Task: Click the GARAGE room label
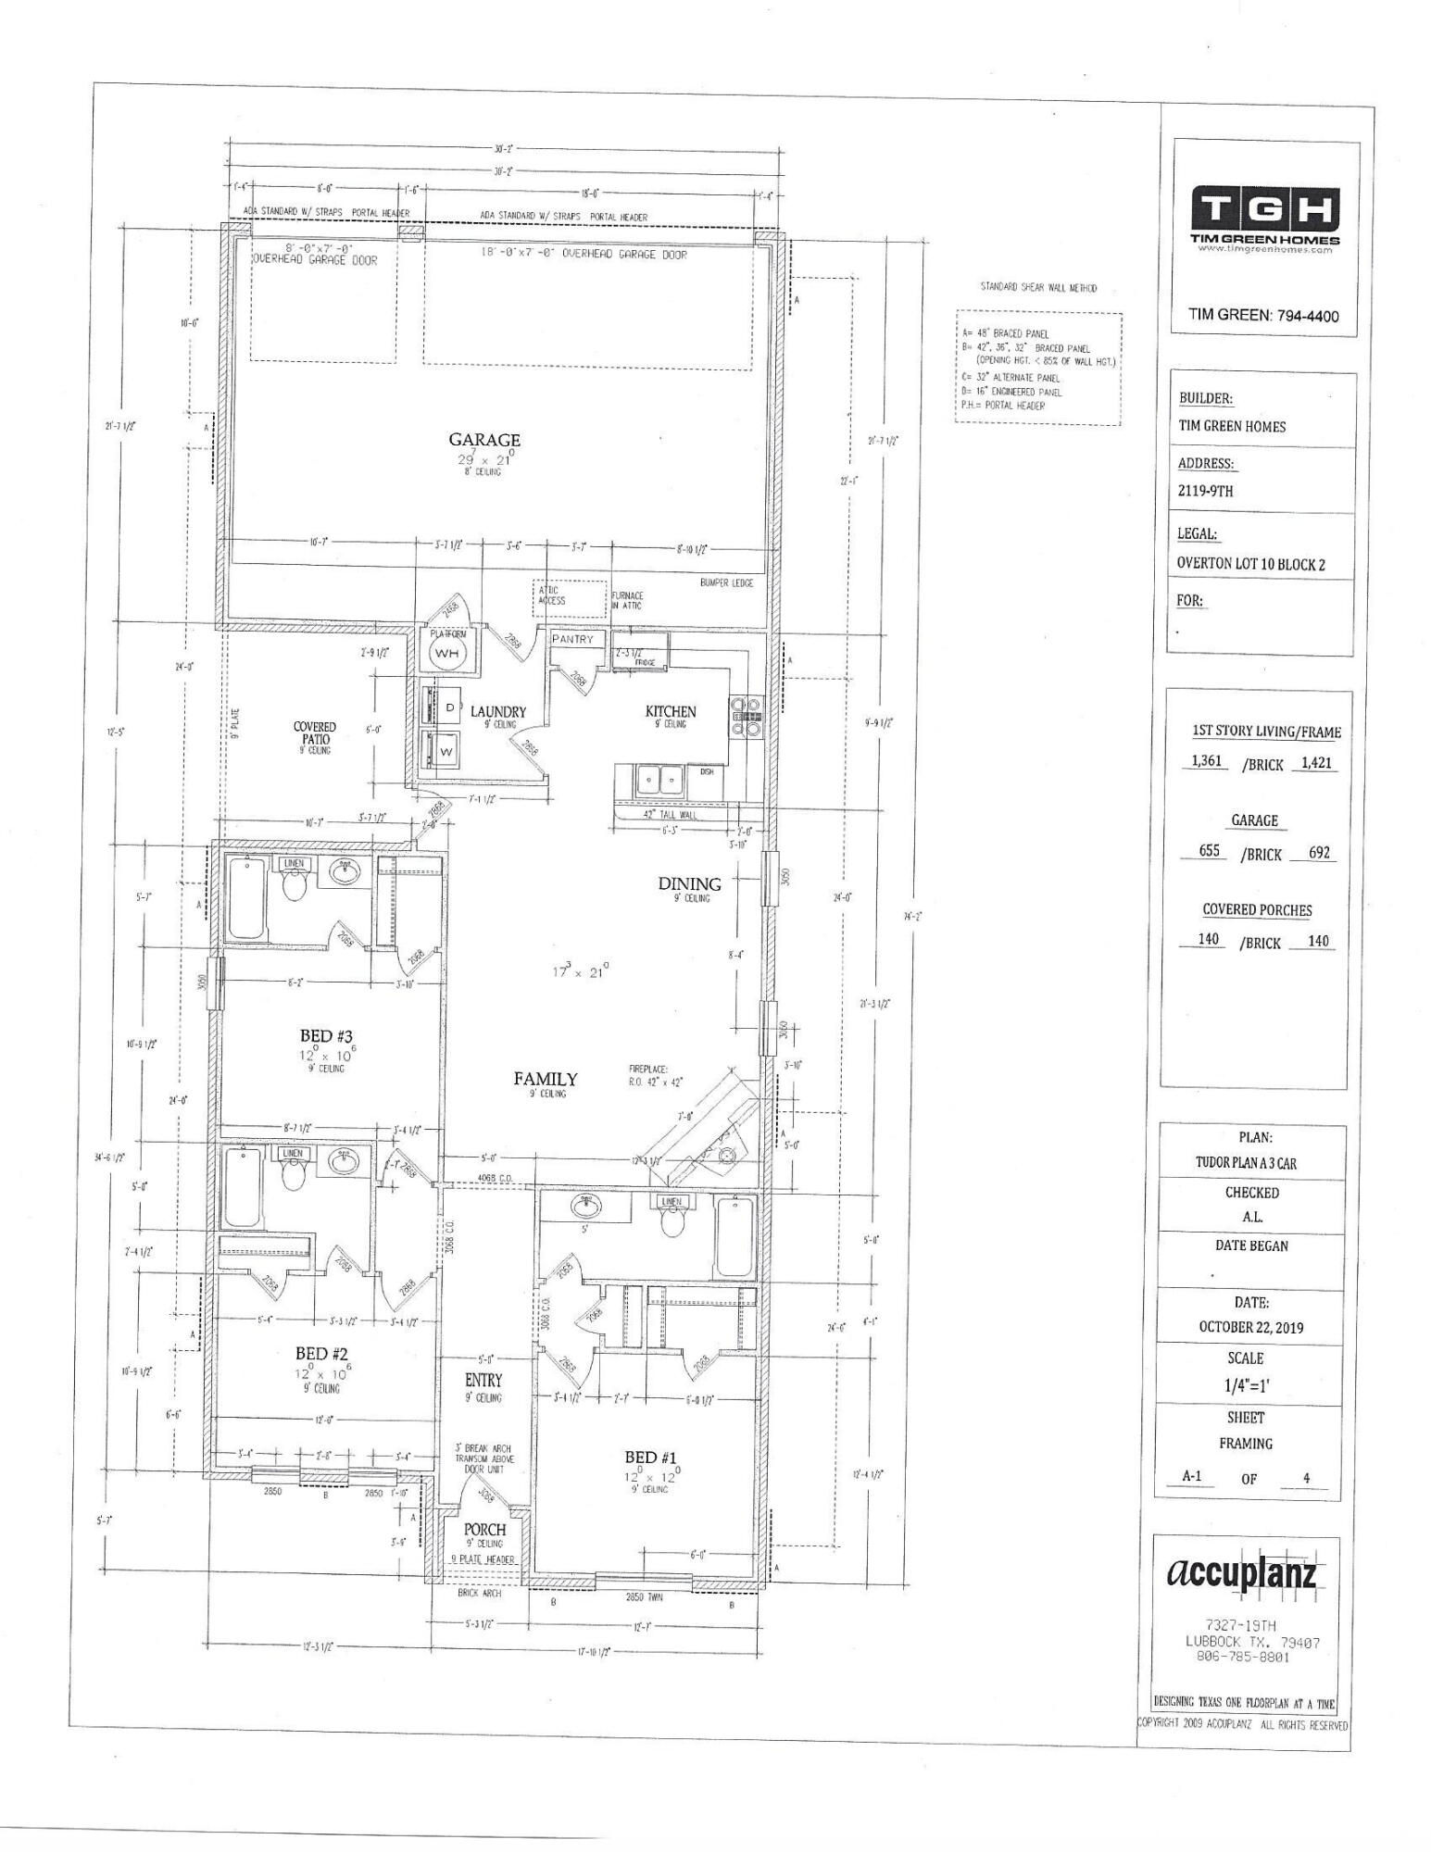click(x=484, y=440)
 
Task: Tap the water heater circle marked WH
click(x=447, y=654)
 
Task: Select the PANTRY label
click(x=571, y=640)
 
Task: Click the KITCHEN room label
click(x=671, y=711)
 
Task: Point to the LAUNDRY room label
click(x=497, y=712)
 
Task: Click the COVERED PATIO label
click(x=315, y=733)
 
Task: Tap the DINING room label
click(x=689, y=883)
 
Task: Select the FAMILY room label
click(x=546, y=1079)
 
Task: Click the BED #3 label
click(x=325, y=1036)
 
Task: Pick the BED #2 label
click(x=321, y=1354)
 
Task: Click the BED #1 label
click(x=653, y=1458)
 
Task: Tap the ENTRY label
click(x=483, y=1381)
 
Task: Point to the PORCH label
click(x=484, y=1529)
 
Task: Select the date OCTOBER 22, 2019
click(x=1250, y=1327)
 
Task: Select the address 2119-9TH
click(x=1205, y=492)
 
